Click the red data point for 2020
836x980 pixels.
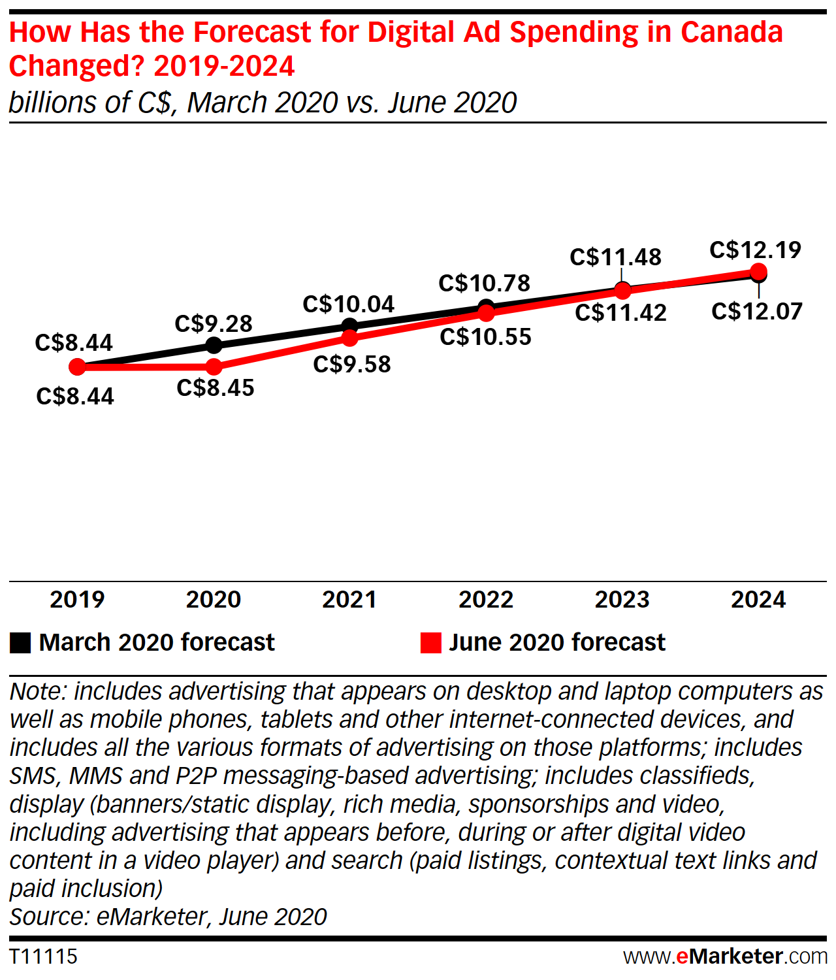[214, 367]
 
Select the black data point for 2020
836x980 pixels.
[214, 345]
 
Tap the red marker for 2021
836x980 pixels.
[350, 338]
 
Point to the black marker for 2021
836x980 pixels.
[350, 325]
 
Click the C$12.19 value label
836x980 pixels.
[755, 250]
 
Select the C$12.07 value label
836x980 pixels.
[756, 312]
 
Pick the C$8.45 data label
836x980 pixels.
[216, 388]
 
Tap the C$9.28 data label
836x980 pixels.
[214, 324]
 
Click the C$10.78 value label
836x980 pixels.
[485, 284]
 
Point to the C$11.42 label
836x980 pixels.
[620, 313]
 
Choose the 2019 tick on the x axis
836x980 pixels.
[77, 600]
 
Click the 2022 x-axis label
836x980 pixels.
[486, 600]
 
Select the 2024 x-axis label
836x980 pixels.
[758, 600]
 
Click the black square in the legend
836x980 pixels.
[20, 643]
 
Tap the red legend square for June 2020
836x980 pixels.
[431, 643]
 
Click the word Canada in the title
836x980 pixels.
[731, 32]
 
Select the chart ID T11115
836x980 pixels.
[43, 956]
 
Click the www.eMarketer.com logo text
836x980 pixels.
[725, 956]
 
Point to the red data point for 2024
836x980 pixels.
[758, 271]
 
